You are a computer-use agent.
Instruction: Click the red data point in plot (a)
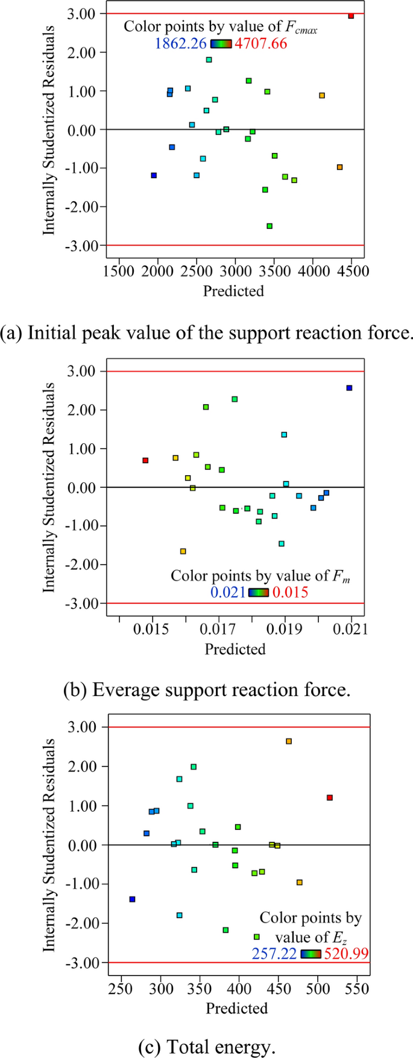(351, 16)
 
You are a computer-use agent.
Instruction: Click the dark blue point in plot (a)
(154, 175)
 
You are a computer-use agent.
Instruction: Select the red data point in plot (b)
(145, 460)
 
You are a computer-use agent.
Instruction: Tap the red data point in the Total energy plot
(330, 797)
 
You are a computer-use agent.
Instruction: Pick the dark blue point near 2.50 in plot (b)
(349, 388)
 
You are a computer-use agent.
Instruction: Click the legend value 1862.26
(181, 43)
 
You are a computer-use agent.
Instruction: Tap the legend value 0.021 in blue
(227, 592)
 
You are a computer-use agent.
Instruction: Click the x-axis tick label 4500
(352, 272)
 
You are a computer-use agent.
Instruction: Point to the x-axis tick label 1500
(119, 272)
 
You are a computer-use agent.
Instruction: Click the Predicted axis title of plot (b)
(235, 649)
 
